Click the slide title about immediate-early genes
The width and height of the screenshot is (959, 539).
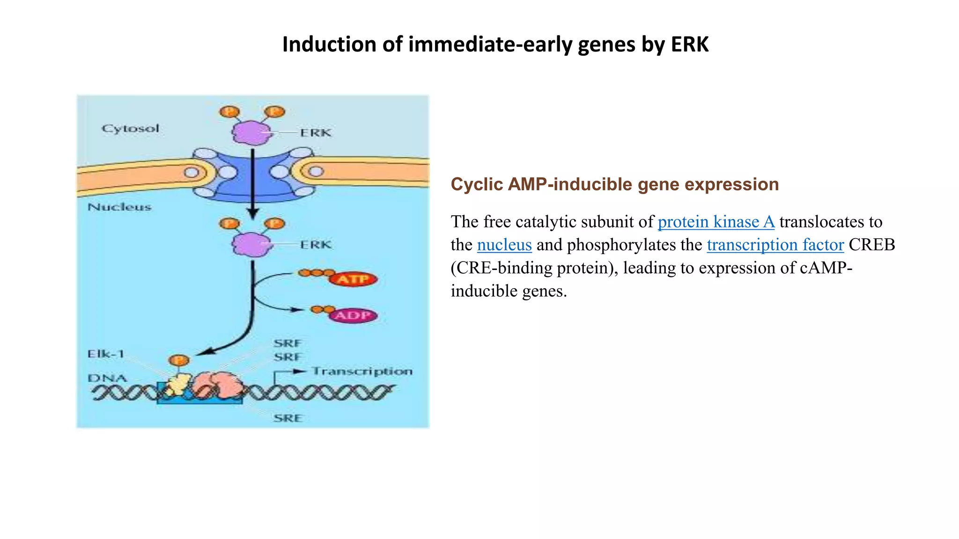pos(495,44)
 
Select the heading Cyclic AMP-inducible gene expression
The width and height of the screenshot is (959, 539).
pos(614,184)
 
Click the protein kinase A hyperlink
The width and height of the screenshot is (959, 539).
pos(716,222)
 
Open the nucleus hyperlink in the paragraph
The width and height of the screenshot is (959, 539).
pos(504,245)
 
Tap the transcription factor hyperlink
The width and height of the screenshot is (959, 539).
pos(775,245)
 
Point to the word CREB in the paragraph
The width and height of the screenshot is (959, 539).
pos(872,245)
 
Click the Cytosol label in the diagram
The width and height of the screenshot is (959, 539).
pos(130,128)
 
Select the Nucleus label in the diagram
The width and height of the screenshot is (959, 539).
pos(119,207)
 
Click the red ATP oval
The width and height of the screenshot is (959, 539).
pos(353,279)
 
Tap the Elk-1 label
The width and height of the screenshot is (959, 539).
pos(106,354)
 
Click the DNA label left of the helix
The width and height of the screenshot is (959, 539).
pos(107,378)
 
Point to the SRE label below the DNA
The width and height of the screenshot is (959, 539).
pos(288,418)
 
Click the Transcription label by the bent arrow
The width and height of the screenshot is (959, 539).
pos(362,371)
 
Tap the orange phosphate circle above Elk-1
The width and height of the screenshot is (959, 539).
pos(179,360)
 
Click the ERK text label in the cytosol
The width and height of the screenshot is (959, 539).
pos(316,133)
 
